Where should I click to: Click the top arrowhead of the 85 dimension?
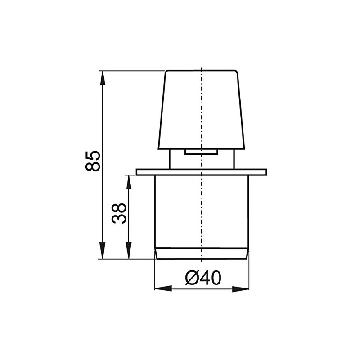point(103,76)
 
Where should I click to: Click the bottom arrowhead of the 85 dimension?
point(103,252)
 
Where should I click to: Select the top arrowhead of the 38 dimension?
point(129,181)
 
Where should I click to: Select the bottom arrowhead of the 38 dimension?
point(129,253)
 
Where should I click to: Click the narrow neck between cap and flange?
point(178,160)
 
